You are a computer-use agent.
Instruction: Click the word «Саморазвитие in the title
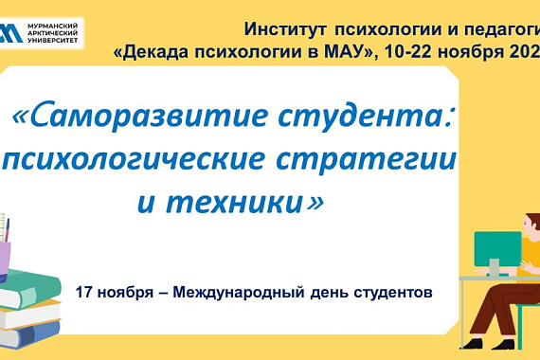point(113,118)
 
